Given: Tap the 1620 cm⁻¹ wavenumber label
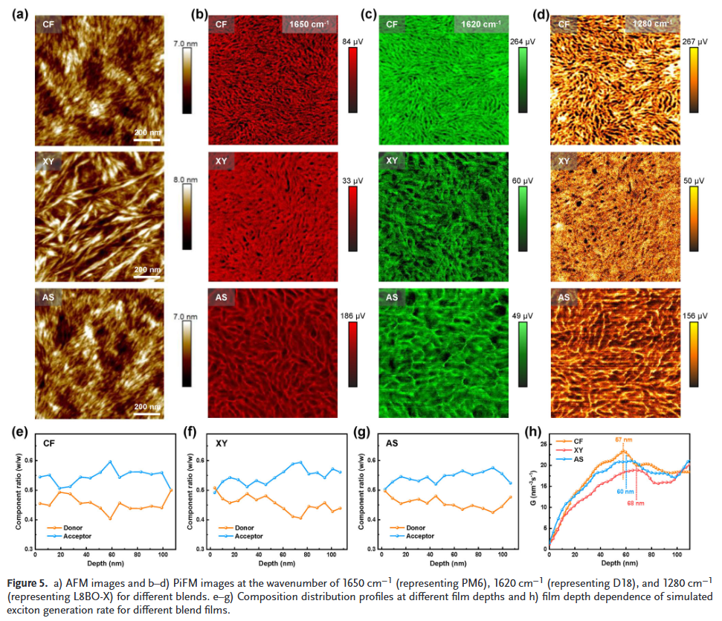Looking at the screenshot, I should tap(480, 24).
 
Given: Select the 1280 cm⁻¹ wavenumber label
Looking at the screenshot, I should tap(651, 24).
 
